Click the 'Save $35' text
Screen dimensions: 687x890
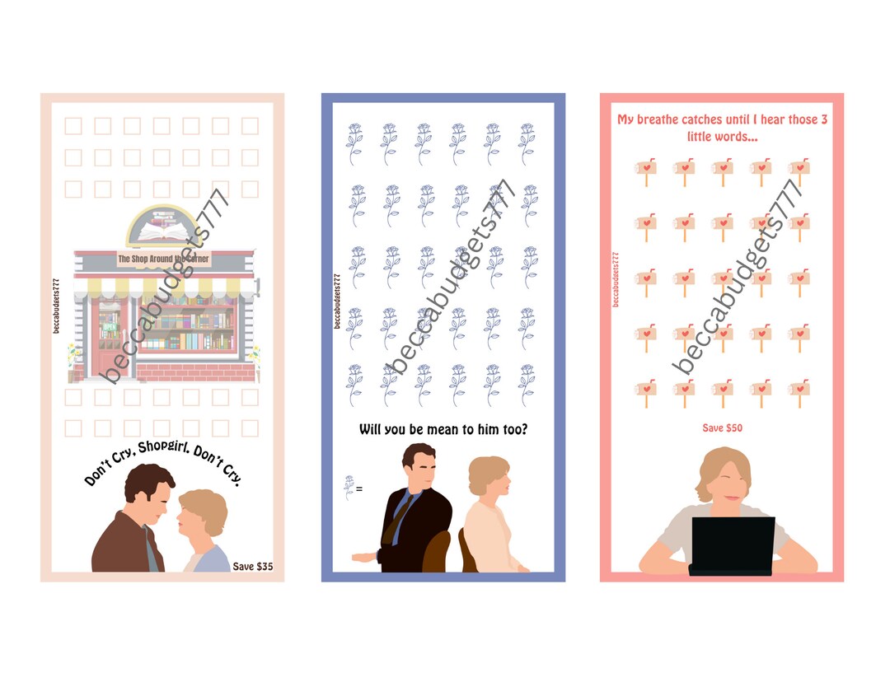tap(252, 566)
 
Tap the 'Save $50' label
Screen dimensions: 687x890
tap(722, 428)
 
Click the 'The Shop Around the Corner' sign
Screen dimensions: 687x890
tap(163, 259)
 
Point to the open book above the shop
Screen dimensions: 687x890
tap(162, 234)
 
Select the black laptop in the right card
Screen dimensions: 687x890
tap(733, 544)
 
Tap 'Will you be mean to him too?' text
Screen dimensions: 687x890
tap(443, 429)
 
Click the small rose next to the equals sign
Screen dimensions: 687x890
tap(349, 488)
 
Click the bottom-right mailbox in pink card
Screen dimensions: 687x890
tap(798, 392)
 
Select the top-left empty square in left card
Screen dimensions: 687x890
tap(74, 126)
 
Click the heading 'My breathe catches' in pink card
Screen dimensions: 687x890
tap(676, 119)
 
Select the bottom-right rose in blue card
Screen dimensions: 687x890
tap(527, 384)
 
